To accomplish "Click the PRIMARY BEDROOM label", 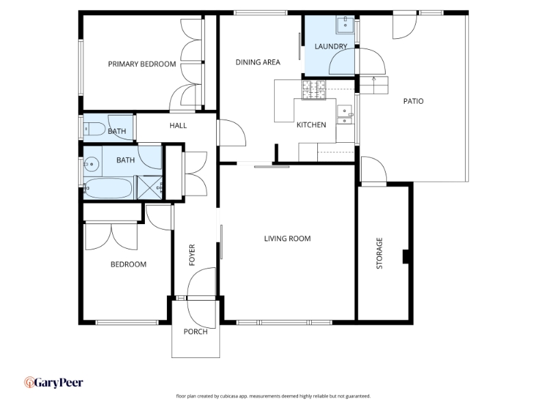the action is point(142,64).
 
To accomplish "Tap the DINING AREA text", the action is point(258,62).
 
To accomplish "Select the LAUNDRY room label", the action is point(331,46).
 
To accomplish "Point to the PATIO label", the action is point(414,101).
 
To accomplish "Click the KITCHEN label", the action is point(311,125).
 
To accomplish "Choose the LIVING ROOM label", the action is point(287,238).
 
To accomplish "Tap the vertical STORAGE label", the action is point(379,253).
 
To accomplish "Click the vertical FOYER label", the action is point(192,255).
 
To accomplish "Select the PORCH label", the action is point(196,331).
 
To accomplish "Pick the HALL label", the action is point(178,126).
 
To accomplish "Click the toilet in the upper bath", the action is point(94,129).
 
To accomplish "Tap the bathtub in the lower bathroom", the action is point(108,189).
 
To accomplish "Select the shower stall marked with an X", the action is point(150,187).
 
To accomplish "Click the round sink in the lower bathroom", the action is point(92,163).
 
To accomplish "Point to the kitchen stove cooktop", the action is point(314,90).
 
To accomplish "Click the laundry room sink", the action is point(345,25).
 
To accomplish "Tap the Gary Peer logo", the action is point(53,383).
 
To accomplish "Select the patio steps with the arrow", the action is point(373,85).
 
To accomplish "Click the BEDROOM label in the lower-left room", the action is point(129,264).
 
